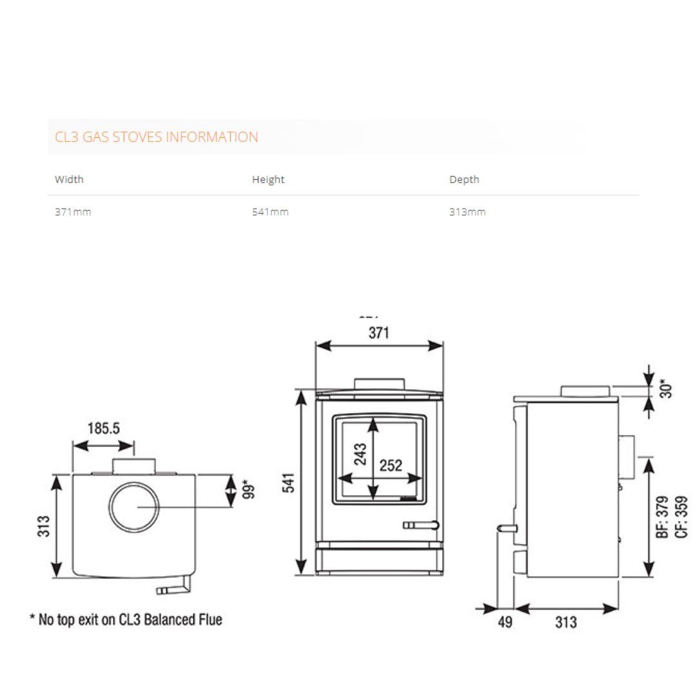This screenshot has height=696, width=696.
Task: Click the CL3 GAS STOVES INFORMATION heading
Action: (x=157, y=137)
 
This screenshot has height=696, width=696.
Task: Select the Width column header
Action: (x=69, y=179)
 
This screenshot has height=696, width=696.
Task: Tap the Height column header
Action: (x=268, y=179)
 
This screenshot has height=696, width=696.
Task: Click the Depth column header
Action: (x=464, y=179)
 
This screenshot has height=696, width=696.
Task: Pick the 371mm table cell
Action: (x=73, y=212)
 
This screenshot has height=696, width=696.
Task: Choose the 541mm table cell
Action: (x=270, y=212)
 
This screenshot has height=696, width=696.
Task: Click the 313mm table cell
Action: (x=467, y=212)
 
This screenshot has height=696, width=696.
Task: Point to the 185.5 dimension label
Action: (x=104, y=429)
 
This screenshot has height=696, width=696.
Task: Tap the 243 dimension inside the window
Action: (x=360, y=454)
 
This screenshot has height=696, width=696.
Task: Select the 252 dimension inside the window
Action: (x=391, y=465)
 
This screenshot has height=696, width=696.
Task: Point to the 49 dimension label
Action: (x=505, y=623)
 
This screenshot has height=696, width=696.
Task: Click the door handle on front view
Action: (x=421, y=525)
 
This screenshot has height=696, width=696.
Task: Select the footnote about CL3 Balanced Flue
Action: (x=126, y=620)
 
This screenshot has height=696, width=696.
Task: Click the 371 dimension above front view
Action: (x=378, y=333)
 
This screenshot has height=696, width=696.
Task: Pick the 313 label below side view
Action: (x=566, y=623)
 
